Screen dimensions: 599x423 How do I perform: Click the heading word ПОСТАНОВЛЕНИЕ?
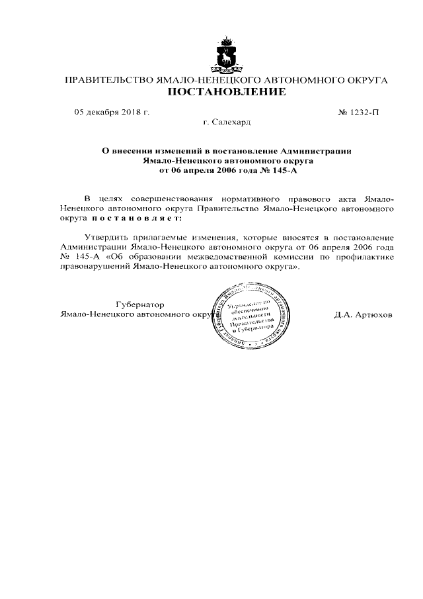226,92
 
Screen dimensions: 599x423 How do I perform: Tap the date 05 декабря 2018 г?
112,112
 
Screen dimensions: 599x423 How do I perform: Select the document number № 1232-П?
358,112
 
